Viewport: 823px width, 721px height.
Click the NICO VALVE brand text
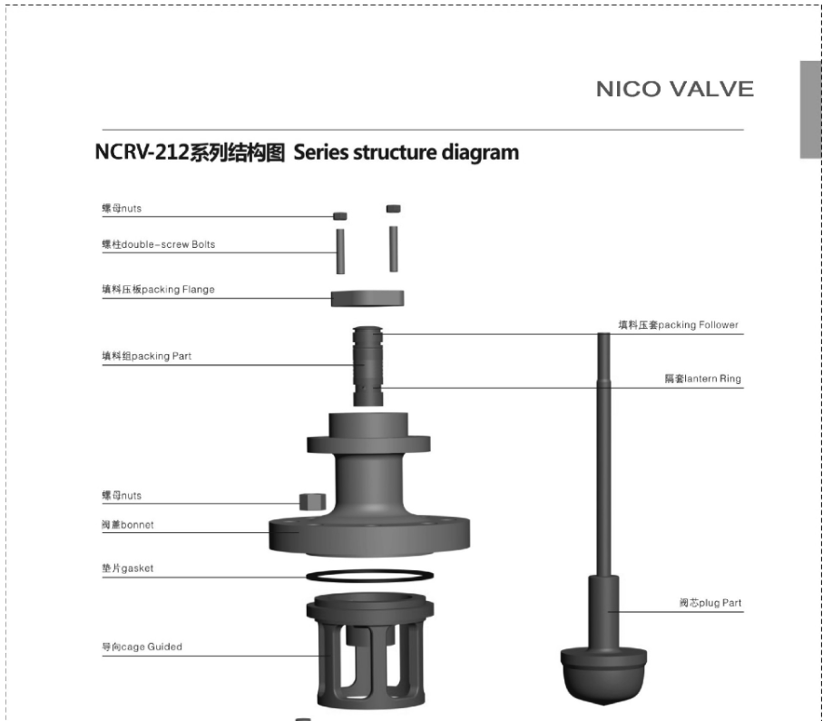click(675, 89)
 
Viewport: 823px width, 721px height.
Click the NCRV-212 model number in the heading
click(142, 153)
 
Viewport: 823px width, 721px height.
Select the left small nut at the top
click(340, 216)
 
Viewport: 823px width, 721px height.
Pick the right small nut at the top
click(394, 209)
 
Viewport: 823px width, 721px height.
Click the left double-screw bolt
click(340, 251)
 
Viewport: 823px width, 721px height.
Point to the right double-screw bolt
click(394, 249)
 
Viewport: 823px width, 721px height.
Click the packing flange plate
click(367, 298)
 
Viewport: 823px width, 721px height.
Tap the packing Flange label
click(158, 290)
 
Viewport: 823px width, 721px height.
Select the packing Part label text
click(146, 356)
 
